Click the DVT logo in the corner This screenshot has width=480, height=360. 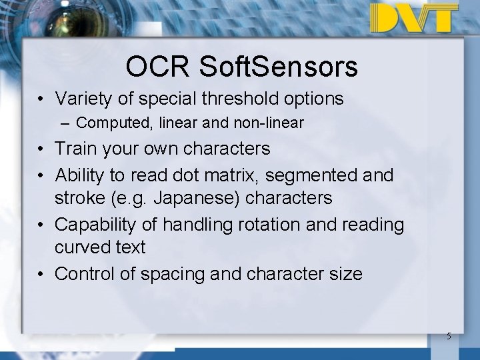point(415,18)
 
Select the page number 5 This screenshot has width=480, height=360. point(449,336)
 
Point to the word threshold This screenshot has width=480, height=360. point(247,99)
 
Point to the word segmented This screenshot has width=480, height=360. point(316,175)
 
